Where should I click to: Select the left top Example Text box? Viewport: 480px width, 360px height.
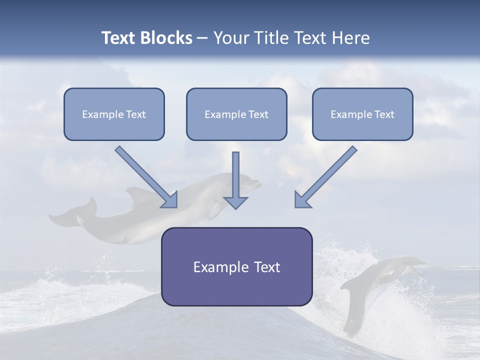[114, 114]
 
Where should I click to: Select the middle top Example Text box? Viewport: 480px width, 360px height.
[236, 114]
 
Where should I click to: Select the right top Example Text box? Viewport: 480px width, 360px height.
[362, 114]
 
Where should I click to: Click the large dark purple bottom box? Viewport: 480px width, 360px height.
[236, 266]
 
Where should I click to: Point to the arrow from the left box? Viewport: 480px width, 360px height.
[145, 176]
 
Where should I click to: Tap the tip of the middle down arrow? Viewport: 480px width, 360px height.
[235, 207]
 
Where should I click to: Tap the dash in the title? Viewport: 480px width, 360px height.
[202, 38]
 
